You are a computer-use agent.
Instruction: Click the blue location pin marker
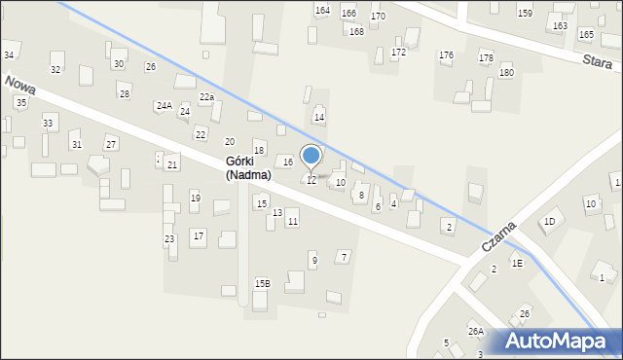coord(311,158)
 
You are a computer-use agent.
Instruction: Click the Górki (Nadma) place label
coord(247,167)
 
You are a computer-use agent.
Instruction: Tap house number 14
coord(318,117)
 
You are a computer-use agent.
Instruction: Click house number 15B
coord(262,283)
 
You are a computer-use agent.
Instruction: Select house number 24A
coord(164,105)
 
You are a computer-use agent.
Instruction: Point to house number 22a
coord(206,97)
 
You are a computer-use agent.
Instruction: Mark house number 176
coord(446,54)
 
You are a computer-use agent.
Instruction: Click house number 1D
coord(549,221)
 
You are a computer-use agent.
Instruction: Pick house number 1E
coord(518,263)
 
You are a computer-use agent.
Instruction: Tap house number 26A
coord(475,331)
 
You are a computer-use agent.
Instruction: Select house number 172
coord(398,51)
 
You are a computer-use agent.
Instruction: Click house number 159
coord(525,13)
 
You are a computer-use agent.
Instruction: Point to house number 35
coord(21,102)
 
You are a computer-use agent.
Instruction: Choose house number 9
coord(313,260)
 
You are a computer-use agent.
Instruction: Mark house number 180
coord(506,72)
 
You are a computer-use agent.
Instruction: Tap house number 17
coord(198,235)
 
